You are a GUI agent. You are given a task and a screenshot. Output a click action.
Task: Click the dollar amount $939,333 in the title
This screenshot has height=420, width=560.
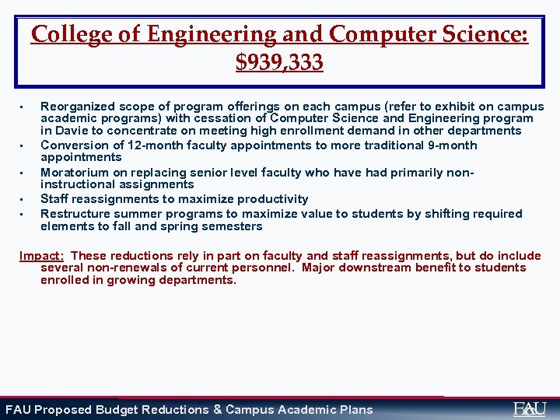[x=279, y=62]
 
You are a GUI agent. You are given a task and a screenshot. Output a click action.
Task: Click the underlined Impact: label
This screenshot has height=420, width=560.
[x=42, y=255]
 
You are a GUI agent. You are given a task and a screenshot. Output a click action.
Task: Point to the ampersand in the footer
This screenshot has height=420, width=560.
[x=217, y=410]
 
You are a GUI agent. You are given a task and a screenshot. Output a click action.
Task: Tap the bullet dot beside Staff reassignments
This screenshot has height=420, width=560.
[x=25, y=200]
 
